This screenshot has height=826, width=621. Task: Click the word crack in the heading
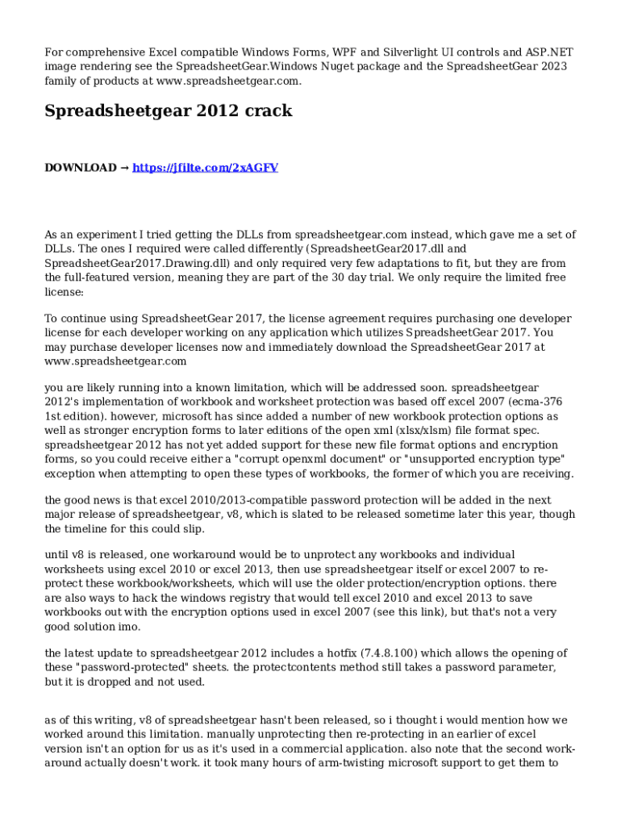point(267,111)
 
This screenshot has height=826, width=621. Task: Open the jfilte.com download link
point(205,168)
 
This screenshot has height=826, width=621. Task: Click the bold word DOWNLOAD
point(80,168)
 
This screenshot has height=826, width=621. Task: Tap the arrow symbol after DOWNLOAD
point(124,168)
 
